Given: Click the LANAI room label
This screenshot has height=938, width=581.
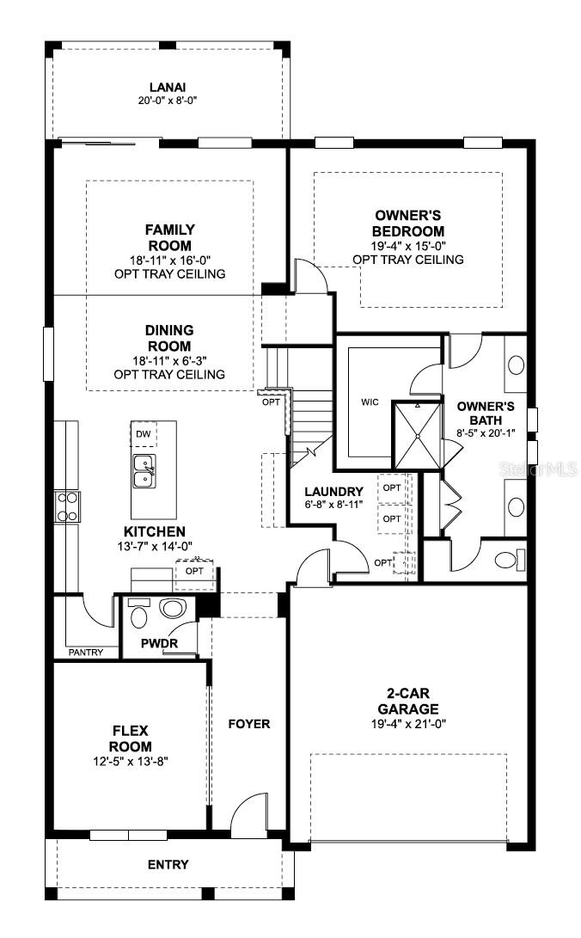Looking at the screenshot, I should pyautogui.click(x=168, y=86).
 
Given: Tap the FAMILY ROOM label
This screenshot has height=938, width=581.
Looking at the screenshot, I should pyautogui.click(x=169, y=237).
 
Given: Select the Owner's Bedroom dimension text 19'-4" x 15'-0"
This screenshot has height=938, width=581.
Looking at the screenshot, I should pyautogui.click(x=408, y=246).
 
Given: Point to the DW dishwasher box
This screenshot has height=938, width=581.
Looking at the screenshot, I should pyautogui.click(x=143, y=434).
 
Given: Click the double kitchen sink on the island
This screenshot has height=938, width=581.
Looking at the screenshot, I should pyautogui.click(x=144, y=472).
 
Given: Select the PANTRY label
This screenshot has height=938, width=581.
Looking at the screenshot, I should pyautogui.click(x=86, y=653).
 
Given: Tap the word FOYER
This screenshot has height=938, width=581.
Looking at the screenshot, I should pyautogui.click(x=248, y=724).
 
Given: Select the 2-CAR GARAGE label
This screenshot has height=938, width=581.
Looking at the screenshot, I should pyautogui.click(x=408, y=702).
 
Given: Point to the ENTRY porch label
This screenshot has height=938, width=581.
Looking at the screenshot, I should pyautogui.click(x=168, y=864).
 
